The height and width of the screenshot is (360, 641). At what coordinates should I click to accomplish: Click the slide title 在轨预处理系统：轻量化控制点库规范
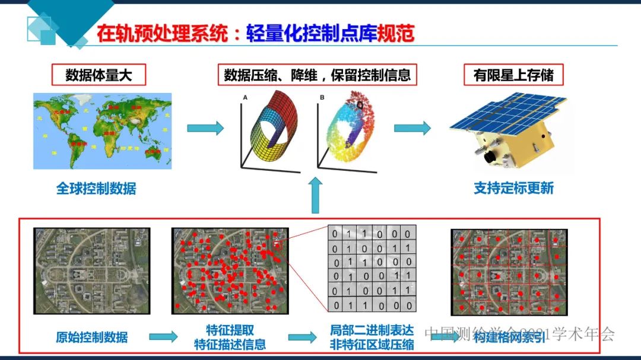(255, 33)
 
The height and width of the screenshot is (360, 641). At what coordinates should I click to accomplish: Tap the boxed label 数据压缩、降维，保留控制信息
(317, 75)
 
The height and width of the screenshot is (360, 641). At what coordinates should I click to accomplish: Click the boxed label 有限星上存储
(513, 75)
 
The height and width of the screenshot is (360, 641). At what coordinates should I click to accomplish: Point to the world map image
(102, 130)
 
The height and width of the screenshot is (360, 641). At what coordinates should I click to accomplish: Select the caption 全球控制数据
(96, 189)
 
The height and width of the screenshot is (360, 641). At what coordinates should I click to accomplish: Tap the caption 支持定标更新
(513, 189)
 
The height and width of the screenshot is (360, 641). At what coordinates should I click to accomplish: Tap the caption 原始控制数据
(91, 337)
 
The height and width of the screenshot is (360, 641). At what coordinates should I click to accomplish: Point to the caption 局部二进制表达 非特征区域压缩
(372, 337)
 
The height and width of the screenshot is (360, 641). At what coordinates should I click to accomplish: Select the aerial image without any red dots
(91, 270)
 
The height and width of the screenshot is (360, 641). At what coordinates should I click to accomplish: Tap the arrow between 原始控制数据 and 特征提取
(163, 337)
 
